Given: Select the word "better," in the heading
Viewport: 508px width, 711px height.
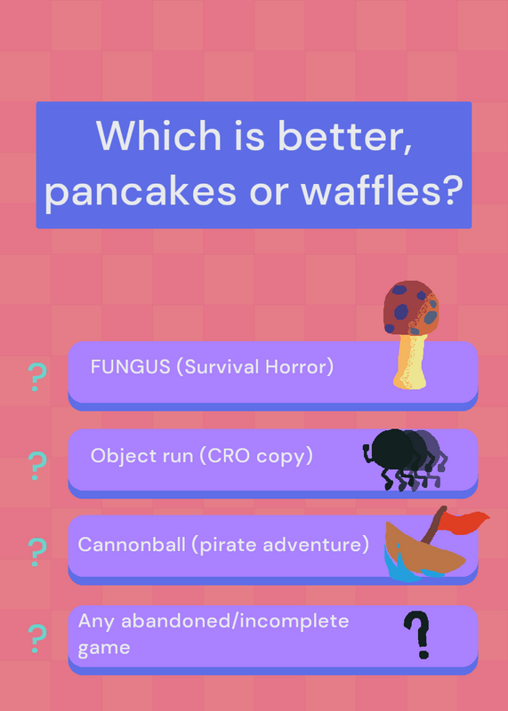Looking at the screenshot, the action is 344,135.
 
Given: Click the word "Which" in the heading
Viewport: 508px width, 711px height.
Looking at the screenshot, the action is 158,135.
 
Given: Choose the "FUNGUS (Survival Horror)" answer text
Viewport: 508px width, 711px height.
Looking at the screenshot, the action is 212,367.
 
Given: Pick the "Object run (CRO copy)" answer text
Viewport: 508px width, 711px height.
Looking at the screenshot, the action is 202,456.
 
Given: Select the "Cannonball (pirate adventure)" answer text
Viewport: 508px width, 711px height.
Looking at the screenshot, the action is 223,544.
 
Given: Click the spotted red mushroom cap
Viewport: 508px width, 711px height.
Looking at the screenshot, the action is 411,308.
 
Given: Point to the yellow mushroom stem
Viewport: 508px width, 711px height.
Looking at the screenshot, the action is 410,362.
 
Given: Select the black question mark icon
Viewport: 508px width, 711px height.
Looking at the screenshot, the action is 417,635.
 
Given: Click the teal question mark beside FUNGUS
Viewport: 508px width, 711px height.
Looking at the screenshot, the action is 37,377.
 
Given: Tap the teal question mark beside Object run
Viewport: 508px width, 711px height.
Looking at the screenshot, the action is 37,466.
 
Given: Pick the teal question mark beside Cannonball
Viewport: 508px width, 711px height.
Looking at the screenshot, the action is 37,552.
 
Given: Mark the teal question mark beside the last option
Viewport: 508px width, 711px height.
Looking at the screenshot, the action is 37,638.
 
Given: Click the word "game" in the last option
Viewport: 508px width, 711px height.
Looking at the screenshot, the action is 104,648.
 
